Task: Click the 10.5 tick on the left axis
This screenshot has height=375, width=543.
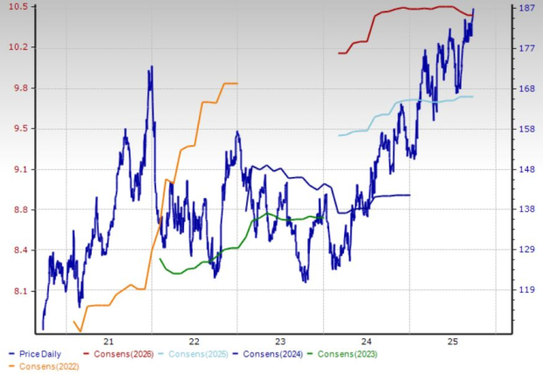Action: pyautogui.click(x=16, y=7)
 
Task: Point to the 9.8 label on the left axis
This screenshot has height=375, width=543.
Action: pyautogui.click(x=16, y=88)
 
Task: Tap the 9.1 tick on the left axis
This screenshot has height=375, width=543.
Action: pyautogui.click(x=16, y=169)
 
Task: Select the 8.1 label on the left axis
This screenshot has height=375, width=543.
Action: pyautogui.click(x=16, y=291)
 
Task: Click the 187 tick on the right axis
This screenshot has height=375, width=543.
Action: pyautogui.click(x=527, y=8)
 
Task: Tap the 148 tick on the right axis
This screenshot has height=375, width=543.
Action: pyautogui.click(x=527, y=169)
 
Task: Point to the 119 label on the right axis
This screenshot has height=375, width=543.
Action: pyautogui.click(x=527, y=291)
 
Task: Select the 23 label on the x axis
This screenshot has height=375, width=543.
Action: pyautogui.click(x=281, y=341)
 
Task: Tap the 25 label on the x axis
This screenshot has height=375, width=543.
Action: pyautogui.click(x=453, y=341)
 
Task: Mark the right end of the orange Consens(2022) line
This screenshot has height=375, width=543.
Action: pyautogui.click(x=237, y=83)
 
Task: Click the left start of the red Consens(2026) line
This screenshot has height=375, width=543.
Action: pyautogui.click(x=338, y=53)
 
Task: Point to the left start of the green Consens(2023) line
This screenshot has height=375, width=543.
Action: pyautogui.click(x=159, y=258)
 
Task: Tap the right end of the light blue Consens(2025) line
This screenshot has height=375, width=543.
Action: pyautogui.click(x=473, y=96)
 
